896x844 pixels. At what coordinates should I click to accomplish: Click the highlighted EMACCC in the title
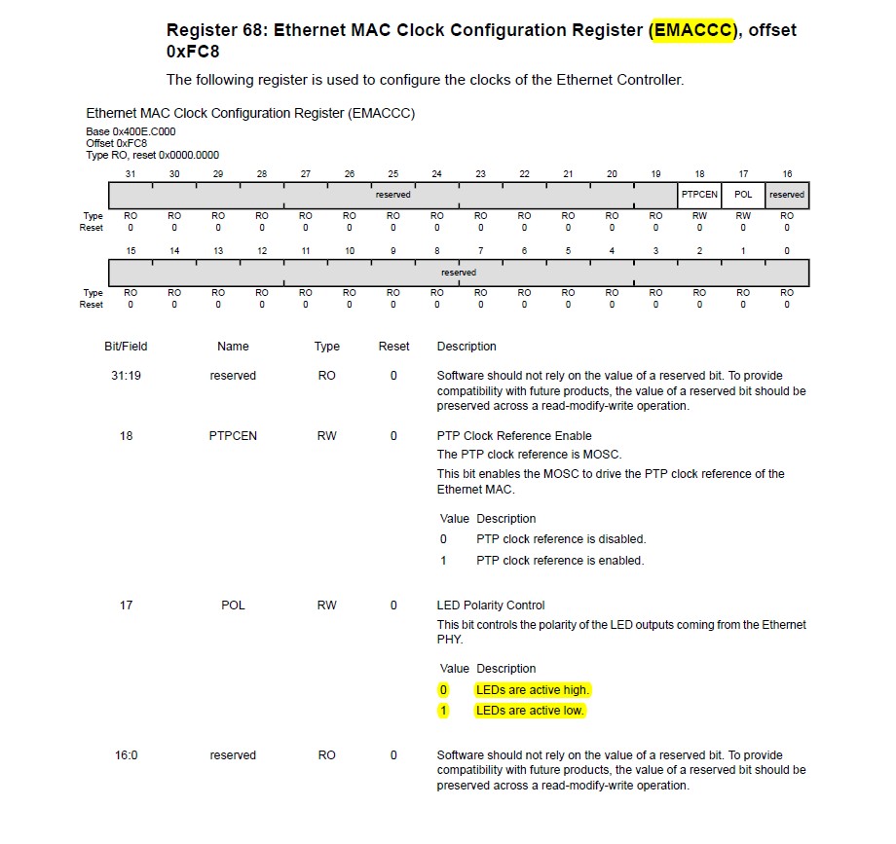[x=691, y=30]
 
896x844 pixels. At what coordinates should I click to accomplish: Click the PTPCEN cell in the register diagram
[x=699, y=195]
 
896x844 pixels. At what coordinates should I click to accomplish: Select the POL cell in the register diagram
[x=743, y=195]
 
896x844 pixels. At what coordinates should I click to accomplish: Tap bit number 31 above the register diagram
[x=131, y=174]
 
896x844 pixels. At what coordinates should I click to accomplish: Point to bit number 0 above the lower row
[x=787, y=251]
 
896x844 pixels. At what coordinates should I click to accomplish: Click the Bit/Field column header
[x=126, y=347]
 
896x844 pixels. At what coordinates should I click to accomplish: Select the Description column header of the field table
[x=467, y=347]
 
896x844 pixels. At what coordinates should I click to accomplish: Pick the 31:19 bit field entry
[x=126, y=376]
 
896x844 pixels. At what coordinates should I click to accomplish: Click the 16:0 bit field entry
[x=126, y=755]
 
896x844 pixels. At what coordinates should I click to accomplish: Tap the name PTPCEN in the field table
[x=233, y=436]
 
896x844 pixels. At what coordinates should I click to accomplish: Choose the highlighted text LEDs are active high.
[x=533, y=690]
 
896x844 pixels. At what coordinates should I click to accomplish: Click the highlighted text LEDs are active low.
[x=530, y=711]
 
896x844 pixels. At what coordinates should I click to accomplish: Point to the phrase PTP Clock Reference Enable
[x=514, y=436]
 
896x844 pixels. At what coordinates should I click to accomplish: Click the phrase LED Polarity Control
[x=491, y=605]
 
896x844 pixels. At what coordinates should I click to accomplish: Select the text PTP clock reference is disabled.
[x=561, y=539]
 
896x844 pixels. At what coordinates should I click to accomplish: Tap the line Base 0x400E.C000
[x=131, y=131]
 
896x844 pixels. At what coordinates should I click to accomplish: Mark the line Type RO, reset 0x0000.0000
[x=153, y=155]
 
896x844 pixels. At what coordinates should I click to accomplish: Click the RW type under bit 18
[x=699, y=216]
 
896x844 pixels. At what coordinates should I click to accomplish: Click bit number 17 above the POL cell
[x=743, y=174]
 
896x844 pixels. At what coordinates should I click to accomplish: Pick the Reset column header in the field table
[x=393, y=347]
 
